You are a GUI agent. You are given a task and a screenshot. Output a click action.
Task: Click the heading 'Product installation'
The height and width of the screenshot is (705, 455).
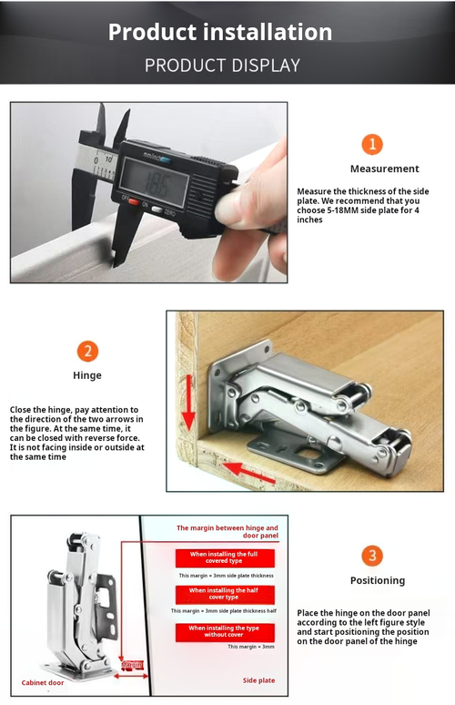coord(219,32)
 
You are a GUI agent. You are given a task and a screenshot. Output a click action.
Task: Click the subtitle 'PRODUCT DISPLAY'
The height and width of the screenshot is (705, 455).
coord(221,66)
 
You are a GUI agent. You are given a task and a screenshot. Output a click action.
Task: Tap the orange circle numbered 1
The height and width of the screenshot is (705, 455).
coord(371,144)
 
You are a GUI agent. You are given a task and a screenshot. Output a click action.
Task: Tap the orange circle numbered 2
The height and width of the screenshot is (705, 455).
coord(87,351)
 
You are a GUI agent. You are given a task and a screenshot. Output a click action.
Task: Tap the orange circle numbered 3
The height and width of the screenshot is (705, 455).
coord(371,556)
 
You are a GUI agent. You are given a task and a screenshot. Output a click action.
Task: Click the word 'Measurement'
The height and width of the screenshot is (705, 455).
coord(384,169)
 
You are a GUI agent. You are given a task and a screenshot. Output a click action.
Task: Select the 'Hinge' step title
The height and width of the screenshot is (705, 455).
coord(87,374)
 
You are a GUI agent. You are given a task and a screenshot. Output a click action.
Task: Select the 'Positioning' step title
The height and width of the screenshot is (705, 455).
coord(377,580)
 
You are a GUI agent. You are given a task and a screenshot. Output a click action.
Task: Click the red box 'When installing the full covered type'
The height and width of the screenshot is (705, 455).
coord(223,558)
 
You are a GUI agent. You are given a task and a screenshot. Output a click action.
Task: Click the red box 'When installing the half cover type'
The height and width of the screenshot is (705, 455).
coord(223,593)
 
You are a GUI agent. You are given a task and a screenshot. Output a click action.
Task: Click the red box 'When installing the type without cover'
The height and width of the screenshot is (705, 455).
coord(223,631)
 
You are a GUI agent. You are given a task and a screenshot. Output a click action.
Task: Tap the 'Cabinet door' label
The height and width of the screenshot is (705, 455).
coord(43,682)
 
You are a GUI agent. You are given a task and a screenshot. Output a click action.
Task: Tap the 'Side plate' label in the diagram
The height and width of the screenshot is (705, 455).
coord(258,680)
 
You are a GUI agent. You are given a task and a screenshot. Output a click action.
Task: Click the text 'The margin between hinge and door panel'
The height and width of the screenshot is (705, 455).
coord(227,532)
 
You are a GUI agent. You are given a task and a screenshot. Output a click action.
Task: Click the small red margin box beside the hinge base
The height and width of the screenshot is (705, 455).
coord(133,665)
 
